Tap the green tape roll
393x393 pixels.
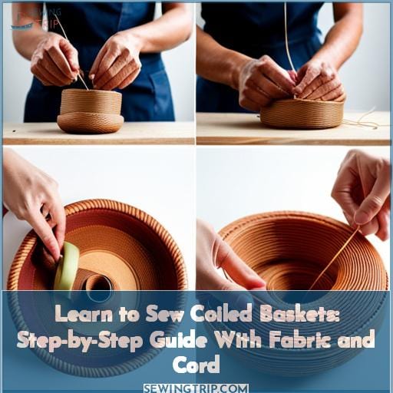pyautogui.click(x=68, y=265)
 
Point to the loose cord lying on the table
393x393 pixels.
pyautogui.click(x=361, y=121)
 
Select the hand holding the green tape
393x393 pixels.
pyautogui.click(x=35, y=207)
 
